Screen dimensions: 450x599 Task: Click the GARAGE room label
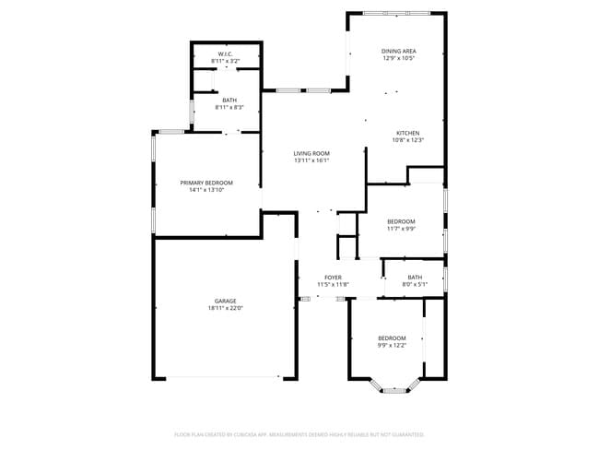click(x=226, y=301)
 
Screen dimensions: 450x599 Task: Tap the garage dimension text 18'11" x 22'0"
click(x=226, y=308)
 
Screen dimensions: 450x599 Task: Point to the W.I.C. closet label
click(x=226, y=54)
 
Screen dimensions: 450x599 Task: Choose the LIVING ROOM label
click(x=311, y=153)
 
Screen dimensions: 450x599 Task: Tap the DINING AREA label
click(x=399, y=51)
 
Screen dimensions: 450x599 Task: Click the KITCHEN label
click(x=408, y=133)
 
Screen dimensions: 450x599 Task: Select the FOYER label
click(x=333, y=278)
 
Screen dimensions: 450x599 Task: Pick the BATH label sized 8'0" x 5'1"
click(x=415, y=278)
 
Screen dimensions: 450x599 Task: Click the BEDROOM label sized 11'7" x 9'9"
click(x=401, y=221)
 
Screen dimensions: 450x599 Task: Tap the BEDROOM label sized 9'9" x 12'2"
click(x=392, y=338)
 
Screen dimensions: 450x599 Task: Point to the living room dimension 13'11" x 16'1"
click(x=311, y=160)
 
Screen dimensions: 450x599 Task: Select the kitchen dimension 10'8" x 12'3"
click(x=408, y=140)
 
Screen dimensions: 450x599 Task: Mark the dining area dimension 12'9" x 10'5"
click(x=399, y=58)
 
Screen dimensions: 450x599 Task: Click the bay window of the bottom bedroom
click(x=394, y=390)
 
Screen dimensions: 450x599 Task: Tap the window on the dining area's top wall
click(x=396, y=13)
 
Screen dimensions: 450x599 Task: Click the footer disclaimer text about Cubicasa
click(x=299, y=433)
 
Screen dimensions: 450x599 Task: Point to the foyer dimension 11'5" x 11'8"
click(x=333, y=285)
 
